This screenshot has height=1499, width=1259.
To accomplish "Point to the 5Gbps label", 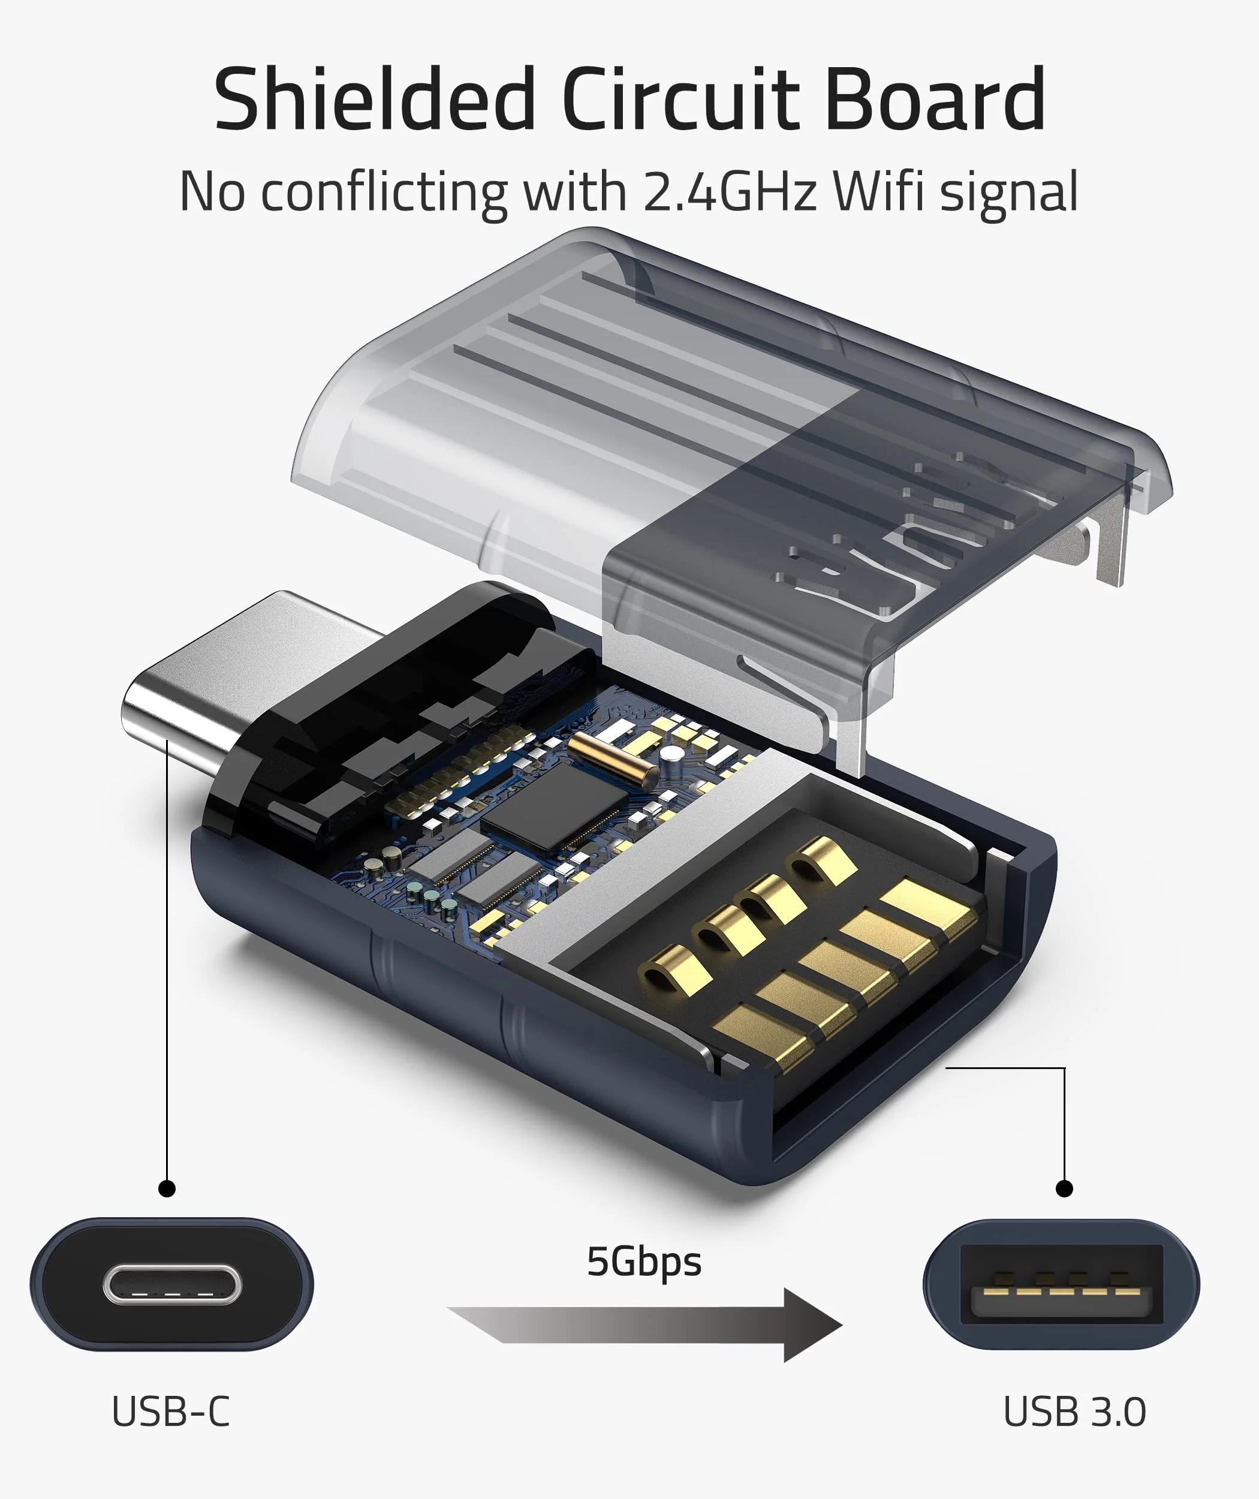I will coord(644,1262).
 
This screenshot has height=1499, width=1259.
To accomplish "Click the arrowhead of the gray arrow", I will coord(814,1326).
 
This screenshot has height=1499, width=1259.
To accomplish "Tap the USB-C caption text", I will coord(171,1412).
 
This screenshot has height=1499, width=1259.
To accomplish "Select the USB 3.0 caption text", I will coord(1074,1412).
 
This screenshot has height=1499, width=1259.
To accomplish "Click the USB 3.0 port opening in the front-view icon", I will coord(1061,1285).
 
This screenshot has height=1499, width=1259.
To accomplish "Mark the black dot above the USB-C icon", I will coord(167,1188).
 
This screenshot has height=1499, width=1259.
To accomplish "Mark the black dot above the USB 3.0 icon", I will coord(1064,1188).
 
